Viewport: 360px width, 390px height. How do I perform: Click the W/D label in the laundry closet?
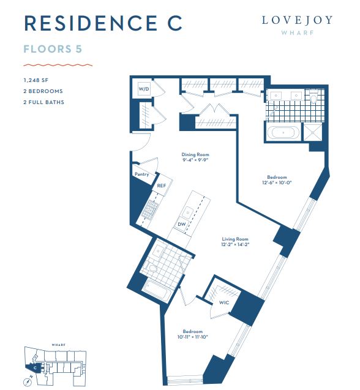[x=144, y=89]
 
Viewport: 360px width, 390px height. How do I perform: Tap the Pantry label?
[x=142, y=174]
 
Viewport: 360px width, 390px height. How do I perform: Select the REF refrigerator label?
[x=161, y=186]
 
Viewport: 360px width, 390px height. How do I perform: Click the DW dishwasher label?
[x=182, y=224]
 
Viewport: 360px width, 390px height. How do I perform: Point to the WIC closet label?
[x=224, y=302]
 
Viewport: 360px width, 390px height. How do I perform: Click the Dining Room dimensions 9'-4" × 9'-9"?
[x=195, y=160]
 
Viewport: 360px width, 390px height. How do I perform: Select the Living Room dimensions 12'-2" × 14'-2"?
[x=235, y=244]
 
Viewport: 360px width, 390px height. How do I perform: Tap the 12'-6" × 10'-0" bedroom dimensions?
[x=277, y=182]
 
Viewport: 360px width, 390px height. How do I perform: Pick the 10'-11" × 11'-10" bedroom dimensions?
[x=193, y=337]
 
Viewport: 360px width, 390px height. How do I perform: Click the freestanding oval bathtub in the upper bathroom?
[x=283, y=133]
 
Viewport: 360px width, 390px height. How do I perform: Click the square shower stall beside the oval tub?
[x=313, y=132]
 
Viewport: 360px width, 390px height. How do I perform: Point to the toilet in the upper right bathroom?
[x=313, y=97]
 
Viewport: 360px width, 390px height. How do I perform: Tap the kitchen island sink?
[x=187, y=212]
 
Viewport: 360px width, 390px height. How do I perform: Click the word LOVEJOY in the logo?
[x=298, y=20]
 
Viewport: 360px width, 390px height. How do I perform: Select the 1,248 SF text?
[x=36, y=80]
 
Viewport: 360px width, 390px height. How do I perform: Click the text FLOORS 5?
[x=53, y=49]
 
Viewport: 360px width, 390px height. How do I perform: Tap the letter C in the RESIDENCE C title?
[x=175, y=23]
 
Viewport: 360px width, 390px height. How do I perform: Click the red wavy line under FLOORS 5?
[x=58, y=65]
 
